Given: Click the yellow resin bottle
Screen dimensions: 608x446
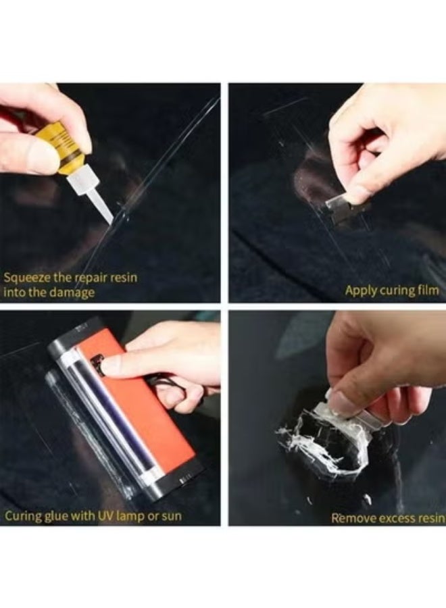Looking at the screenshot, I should pyautogui.click(x=68, y=150).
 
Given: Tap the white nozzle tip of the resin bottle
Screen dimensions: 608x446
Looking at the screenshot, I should pyautogui.click(x=99, y=206).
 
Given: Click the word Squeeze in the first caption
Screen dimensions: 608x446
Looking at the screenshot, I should pyautogui.click(x=26, y=277).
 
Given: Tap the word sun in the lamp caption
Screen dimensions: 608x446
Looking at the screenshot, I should pyautogui.click(x=171, y=517).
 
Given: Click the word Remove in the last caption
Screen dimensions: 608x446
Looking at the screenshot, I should pyautogui.click(x=350, y=518).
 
